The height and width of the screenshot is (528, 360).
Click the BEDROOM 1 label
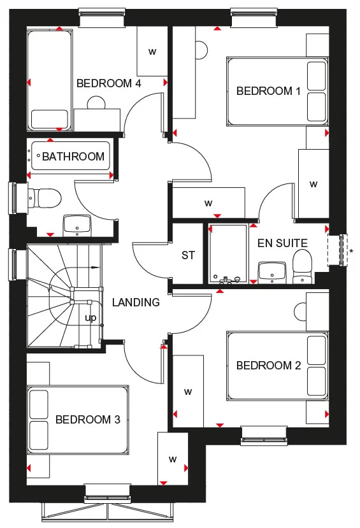[268, 91]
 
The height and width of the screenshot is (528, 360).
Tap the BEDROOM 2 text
[268, 366]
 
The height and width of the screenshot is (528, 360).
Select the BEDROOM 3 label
[87, 420]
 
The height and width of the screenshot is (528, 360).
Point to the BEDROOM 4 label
[108, 83]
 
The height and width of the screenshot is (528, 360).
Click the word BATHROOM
[73, 157]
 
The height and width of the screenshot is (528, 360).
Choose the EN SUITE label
[282, 243]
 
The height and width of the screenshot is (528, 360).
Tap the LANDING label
[136, 303]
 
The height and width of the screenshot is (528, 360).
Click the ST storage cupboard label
[187, 255]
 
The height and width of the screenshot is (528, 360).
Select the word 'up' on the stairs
[91, 317]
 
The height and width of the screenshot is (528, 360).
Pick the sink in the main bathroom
[77, 224]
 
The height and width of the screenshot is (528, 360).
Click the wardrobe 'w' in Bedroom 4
[152, 52]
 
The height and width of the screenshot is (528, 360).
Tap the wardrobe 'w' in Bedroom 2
[188, 390]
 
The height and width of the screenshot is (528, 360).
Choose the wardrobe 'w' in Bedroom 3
[172, 459]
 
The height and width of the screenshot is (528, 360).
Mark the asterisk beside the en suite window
[351, 251]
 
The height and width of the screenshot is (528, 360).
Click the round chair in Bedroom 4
[96, 104]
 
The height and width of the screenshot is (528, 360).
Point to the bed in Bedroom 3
[76, 420]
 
